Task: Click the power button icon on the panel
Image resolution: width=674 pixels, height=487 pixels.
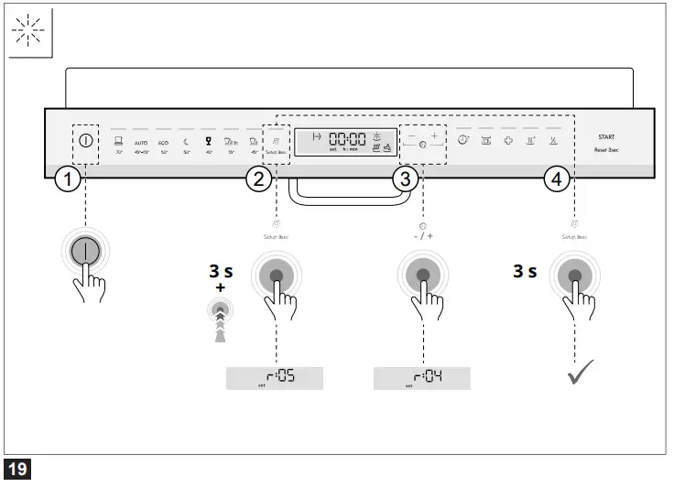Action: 85,141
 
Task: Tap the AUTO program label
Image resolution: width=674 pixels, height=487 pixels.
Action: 140,144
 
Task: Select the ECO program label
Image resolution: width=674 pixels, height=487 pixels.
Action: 163,144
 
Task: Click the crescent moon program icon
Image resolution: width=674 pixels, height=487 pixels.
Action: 185,141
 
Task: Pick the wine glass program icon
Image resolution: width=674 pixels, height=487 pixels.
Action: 208,141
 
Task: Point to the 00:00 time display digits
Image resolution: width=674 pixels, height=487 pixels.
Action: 347,139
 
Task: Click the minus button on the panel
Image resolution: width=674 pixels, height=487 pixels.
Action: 411,136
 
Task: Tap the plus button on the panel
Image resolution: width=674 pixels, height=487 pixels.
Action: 435,136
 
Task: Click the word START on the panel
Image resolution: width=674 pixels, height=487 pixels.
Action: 606,136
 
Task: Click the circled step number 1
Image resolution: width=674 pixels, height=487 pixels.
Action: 65,179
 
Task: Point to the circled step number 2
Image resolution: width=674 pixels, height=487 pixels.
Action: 259,179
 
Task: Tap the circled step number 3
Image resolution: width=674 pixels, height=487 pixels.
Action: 405,179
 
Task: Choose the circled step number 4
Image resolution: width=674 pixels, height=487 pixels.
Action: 554,179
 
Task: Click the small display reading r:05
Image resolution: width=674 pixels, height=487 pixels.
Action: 275,377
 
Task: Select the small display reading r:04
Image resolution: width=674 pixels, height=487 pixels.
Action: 421,377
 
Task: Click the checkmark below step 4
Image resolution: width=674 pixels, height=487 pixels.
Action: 580,373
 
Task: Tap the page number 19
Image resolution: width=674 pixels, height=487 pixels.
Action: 18,471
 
